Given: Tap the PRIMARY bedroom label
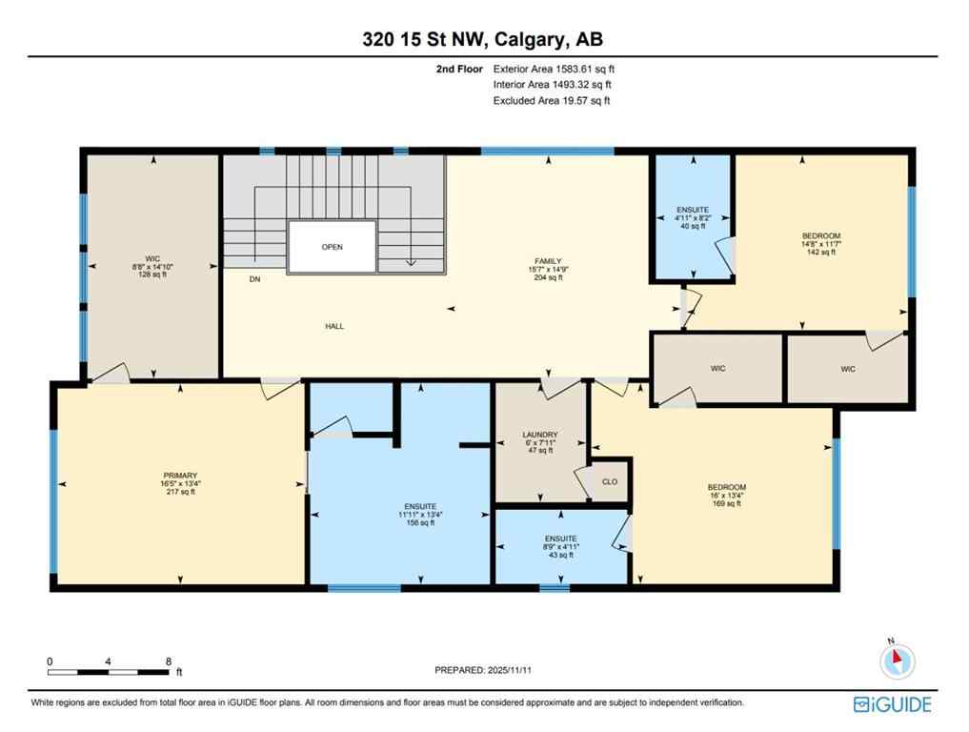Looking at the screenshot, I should [180, 475].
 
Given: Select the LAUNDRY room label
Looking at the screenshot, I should [539, 435].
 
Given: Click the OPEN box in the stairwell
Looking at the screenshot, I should [332, 247].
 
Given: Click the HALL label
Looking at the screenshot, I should [333, 326].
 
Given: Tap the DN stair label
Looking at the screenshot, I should [254, 280].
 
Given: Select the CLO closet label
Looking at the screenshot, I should [610, 481].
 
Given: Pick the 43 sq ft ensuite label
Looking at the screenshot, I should [559, 546].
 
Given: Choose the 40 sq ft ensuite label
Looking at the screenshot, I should [691, 217].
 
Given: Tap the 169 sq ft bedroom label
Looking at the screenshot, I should [726, 495].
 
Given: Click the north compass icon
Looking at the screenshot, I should [898, 660].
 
